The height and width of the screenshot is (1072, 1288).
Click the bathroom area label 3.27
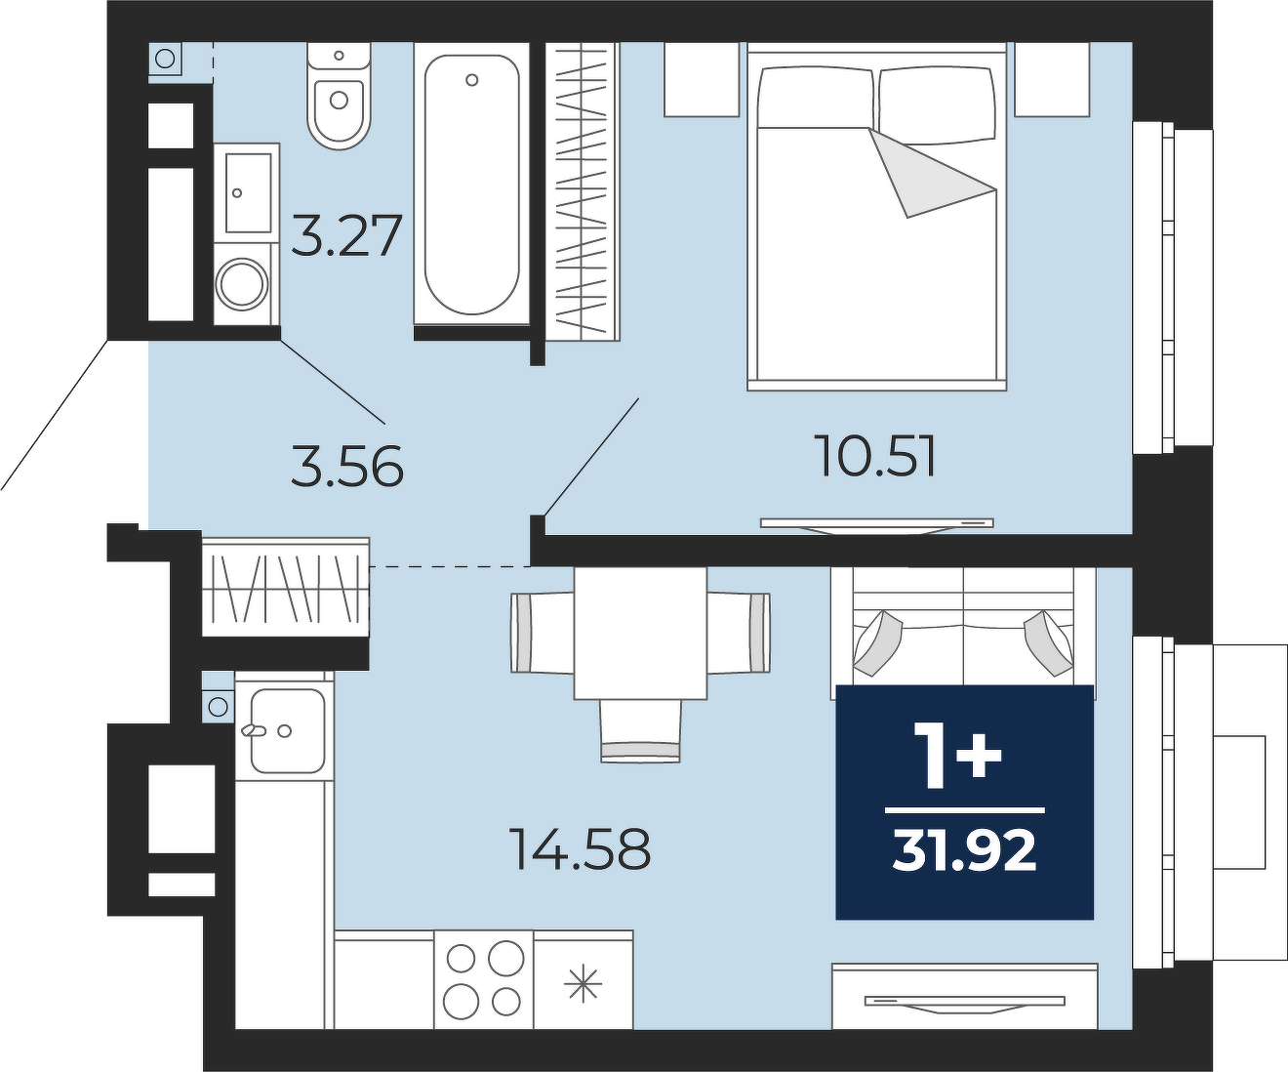point(346,235)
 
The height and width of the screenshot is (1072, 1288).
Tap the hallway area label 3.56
point(346,467)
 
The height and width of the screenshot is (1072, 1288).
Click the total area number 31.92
point(964,851)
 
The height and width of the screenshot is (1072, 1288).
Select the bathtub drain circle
point(472,80)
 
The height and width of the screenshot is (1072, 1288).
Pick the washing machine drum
point(242,284)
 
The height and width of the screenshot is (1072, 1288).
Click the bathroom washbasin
point(248,192)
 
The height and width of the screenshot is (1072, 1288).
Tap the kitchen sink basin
point(288,731)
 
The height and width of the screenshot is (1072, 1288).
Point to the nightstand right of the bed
point(1052,79)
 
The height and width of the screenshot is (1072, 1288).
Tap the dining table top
point(640,634)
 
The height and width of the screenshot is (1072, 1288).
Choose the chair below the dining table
point(640,730)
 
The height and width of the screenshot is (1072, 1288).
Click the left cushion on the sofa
point(877,643)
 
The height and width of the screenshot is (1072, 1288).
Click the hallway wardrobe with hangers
point(286,587)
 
